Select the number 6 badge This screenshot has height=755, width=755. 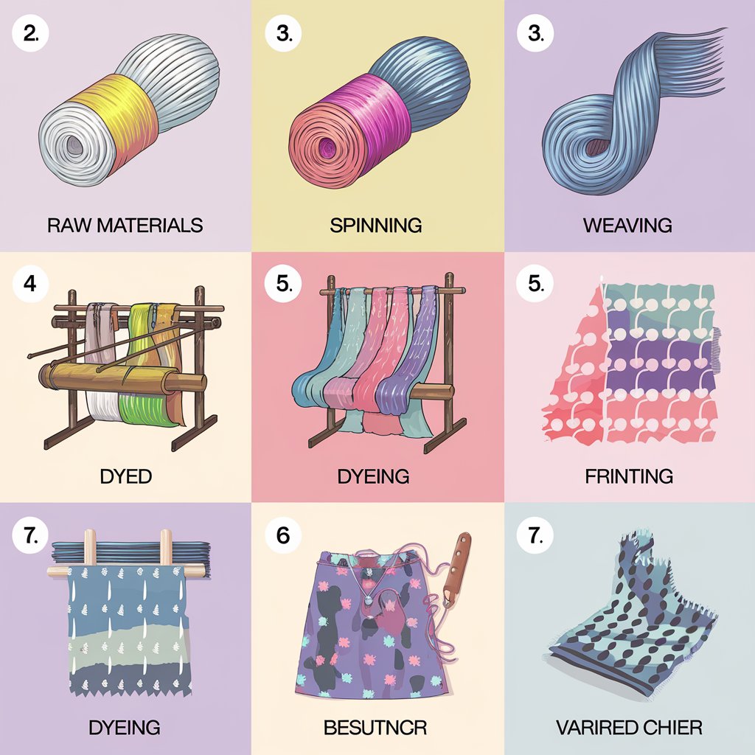(283, 535)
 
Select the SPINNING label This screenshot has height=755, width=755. (377, 225)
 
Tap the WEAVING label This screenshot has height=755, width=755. (627, 225)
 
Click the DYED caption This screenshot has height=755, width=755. (125, 476)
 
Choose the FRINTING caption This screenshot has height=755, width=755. (629, 476)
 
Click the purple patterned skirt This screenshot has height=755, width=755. (361, 627)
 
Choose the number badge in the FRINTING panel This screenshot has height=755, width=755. (535, 284)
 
